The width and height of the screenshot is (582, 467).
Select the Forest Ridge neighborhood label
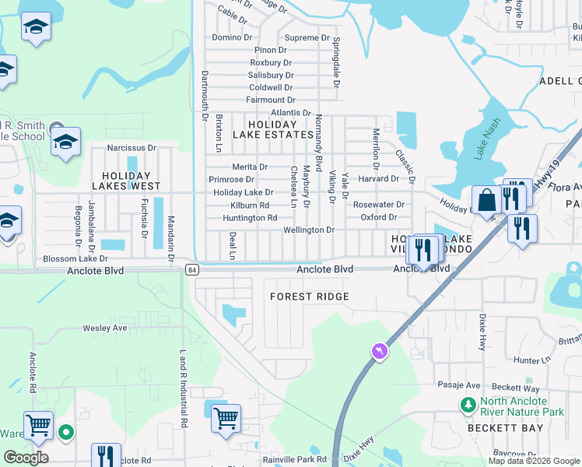[x=310, y=297]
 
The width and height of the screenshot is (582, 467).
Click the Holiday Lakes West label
[x=126, y=181]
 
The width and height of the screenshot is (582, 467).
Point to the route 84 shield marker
[x=192, y=269]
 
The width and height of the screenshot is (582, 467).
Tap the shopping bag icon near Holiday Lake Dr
[x=486, y=201]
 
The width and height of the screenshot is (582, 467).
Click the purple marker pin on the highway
[x=379, y=352]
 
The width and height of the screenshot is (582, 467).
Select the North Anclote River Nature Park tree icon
[x=468, y=405]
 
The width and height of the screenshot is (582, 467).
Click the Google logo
[x=26, y=457]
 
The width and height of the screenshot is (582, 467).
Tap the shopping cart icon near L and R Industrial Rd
[x=226, y=418]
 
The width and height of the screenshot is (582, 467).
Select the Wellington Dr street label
[x=308, y=230]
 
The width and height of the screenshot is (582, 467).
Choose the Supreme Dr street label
[x=307, y=37]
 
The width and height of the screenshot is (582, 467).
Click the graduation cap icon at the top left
[x=36, y=29]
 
